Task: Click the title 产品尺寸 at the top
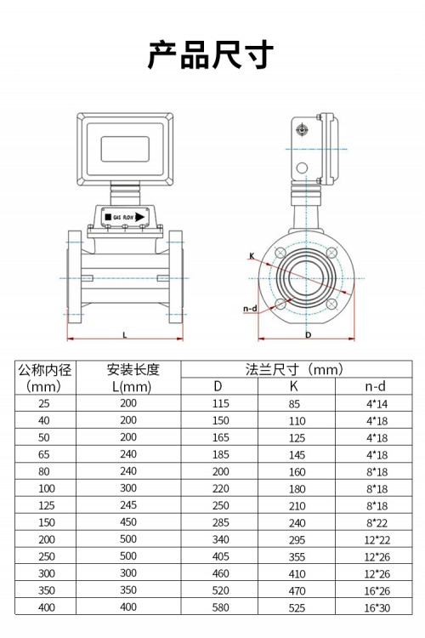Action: coord(210,54)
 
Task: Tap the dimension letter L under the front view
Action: coord(125,335)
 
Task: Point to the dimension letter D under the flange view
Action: coord(309,335)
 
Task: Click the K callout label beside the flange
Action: coord(252,256)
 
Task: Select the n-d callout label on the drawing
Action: coord(250,309)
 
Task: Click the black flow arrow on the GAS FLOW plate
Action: coord(140,216)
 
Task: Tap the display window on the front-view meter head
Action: coord(125,149)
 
